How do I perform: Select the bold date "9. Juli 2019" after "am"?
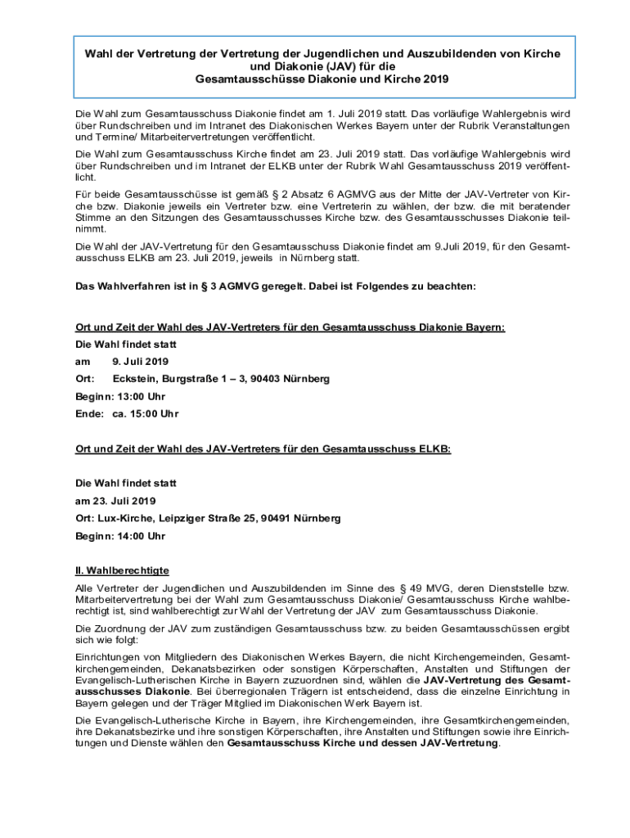point(140,361)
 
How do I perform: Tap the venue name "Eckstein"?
point(134,379)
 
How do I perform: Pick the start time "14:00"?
point(131,536)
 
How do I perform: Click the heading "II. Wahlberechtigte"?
point(122,570)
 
